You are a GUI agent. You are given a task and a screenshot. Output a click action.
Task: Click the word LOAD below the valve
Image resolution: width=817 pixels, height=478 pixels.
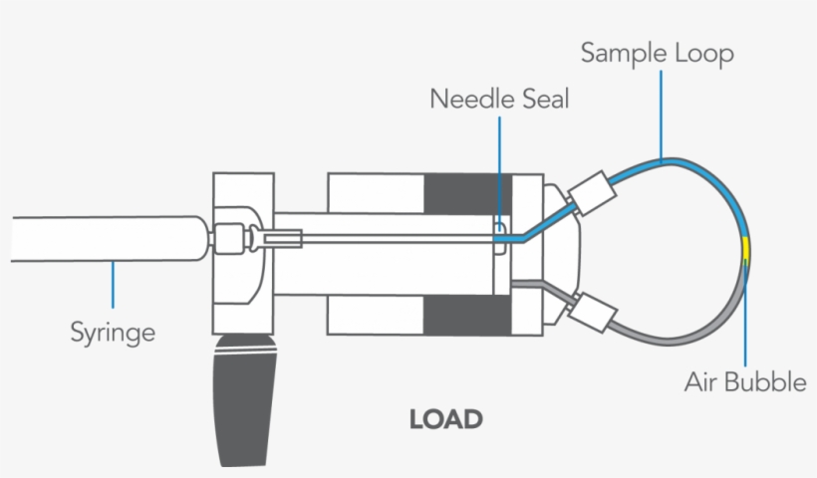coord(445,419)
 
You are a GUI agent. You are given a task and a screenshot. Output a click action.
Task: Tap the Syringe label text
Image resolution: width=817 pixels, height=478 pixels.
coord(113,331)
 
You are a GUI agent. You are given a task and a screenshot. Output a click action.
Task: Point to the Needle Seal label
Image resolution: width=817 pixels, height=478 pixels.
coord(499,100)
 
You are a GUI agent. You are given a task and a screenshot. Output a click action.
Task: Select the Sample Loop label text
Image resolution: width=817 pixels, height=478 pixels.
coord(657,53)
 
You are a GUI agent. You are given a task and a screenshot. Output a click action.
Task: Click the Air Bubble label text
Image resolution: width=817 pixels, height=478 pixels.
coord(745,381)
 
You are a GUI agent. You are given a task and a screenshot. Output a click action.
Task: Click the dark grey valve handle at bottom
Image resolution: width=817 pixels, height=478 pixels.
coord(244,398)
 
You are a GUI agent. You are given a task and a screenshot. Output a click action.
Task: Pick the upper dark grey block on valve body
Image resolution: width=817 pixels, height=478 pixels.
coord(467,193)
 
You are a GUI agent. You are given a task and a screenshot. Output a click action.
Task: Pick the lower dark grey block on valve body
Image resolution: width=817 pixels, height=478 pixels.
coord(467,316)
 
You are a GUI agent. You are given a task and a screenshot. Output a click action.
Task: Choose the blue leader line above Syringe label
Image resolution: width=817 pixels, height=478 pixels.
coord(113,284)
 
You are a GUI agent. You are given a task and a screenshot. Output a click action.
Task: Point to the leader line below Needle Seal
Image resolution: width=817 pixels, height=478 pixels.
coord(499,169)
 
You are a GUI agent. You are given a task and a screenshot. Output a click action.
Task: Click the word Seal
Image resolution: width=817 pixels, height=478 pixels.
coord(544,100)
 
